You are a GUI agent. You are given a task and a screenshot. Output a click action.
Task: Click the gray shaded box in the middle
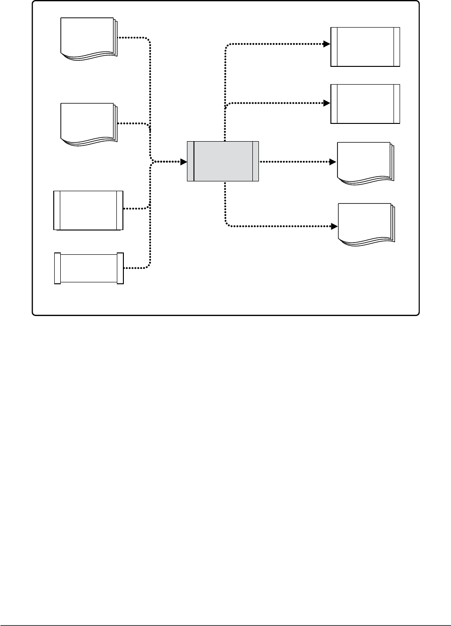[223, 161]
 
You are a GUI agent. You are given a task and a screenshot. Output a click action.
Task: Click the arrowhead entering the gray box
[184, 162]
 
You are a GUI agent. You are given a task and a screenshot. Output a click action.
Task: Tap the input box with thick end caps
[89, 268]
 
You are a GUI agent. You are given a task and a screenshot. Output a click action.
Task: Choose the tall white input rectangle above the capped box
[88, 210]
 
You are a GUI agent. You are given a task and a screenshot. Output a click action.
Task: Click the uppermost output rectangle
[365, 47]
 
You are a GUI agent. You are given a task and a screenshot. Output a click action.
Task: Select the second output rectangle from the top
[365, 104]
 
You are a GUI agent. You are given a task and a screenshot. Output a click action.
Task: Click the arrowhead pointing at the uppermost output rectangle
[327, 44]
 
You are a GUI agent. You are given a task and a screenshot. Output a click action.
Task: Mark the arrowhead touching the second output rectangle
[327, 102]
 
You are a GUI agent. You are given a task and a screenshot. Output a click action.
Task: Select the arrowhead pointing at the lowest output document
[334, 226]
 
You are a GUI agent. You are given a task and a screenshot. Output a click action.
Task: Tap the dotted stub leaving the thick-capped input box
[136, 268]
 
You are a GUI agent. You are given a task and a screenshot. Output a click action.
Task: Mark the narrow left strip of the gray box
[190, 161]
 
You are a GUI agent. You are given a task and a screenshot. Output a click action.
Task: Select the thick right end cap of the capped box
[121, 268]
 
